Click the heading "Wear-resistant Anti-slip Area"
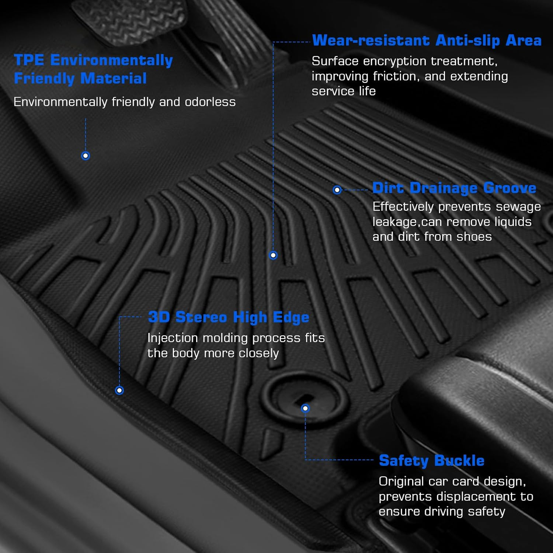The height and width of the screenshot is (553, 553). pos(427,41)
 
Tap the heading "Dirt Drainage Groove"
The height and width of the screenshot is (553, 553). pos(454,188)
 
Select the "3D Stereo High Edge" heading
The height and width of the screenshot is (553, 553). pos(228,317)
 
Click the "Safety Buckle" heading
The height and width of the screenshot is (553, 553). pos(431,460)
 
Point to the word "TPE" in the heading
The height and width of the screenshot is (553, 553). pos(29,60)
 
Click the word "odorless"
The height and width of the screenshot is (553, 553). pos(210,102)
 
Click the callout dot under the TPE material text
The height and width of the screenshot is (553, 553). pos(86,156)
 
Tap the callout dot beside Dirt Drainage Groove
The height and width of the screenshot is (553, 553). pos(337,190)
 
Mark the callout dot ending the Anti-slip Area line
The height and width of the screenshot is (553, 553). pos(273,255)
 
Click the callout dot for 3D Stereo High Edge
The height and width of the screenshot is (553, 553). pos(119,390)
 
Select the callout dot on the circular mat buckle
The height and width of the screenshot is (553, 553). pos(305,408)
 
